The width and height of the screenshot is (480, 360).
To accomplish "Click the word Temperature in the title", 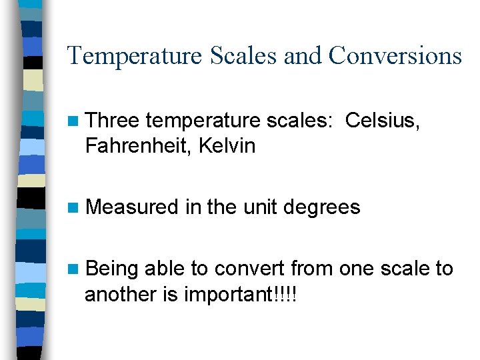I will tap(134, 55).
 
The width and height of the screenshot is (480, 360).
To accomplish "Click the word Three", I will tap(113, 121).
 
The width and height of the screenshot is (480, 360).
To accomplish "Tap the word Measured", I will tap(133, 207).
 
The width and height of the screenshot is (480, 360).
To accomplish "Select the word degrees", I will tap(322, 207).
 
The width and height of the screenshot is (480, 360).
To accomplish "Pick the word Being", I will tap(112, 269).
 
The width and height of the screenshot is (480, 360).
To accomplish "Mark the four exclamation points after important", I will tap(285, 294).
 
